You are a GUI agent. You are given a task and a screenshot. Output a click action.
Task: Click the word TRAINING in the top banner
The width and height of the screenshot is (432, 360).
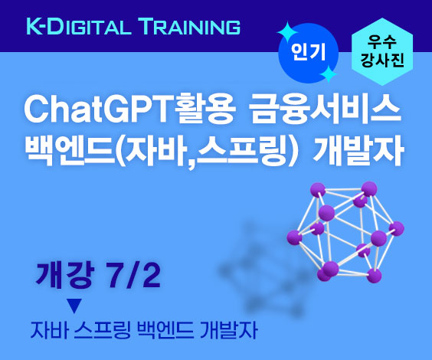(x=191, y=26)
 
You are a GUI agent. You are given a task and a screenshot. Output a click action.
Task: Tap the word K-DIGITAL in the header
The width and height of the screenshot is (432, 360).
(x=79, y=26)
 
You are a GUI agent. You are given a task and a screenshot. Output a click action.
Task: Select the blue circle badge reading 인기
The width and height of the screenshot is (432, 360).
(x=309, y=53)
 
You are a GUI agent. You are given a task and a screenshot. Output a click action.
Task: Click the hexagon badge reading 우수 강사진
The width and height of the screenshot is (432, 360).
(x=382, y=51)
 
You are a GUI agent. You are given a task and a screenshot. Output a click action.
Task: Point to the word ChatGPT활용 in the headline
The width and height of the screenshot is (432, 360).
(x=129, y=110)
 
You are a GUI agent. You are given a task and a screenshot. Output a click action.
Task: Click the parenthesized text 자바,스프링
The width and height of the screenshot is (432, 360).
(x=206, y=151)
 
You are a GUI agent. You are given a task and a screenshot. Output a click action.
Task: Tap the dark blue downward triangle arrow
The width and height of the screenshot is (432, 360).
(x=74, y=306)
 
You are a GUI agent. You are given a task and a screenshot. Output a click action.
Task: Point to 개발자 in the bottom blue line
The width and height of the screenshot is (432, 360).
(x=229, y=330)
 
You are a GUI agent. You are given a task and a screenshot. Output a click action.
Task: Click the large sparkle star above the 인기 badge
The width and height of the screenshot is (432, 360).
(x=287, y=33)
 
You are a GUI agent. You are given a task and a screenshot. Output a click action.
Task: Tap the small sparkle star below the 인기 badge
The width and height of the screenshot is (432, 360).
(x=328, y=74)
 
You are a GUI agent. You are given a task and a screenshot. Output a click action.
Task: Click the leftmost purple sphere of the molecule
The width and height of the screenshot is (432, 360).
(x=295, y=237)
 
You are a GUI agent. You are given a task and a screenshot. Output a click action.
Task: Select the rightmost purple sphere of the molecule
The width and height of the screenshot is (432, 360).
(x=397, y=228)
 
